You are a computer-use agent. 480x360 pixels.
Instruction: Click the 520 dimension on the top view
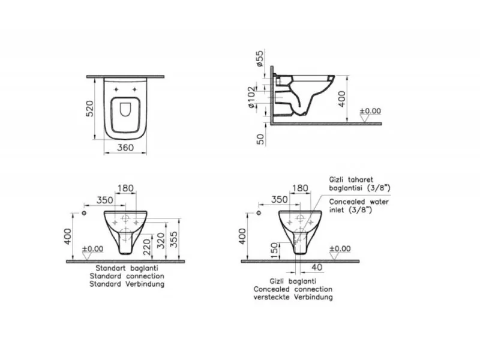point(89,109)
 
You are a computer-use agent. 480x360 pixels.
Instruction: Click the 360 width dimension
point(125,148)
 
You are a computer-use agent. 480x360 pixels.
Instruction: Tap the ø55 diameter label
point(259,58)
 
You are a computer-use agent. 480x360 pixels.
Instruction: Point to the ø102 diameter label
point(251,97)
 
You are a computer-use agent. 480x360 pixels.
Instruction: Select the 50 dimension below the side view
point(260,140)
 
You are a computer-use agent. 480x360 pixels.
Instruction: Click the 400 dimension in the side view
point(341,98)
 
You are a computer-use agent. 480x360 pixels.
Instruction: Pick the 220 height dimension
point(147,247)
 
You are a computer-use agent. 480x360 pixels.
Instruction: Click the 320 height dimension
point(161,241)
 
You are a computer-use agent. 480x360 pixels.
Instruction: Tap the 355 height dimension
point(173,239)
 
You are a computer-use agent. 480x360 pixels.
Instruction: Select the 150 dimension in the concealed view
point(275,250)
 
